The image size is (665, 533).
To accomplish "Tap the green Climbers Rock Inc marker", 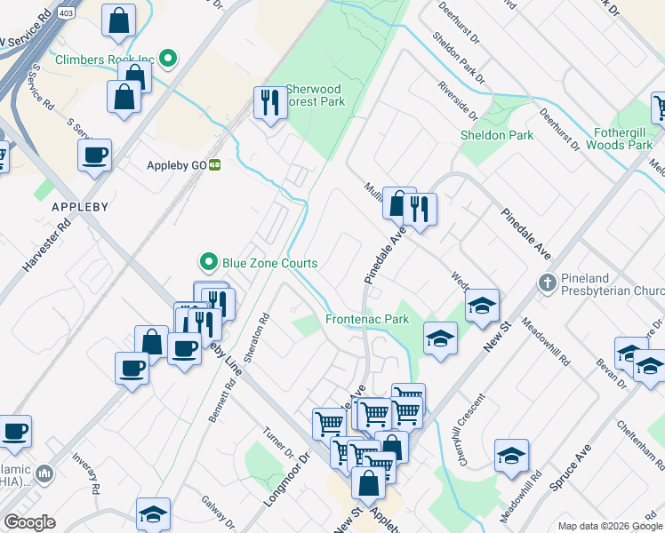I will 166,60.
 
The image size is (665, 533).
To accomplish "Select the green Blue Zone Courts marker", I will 208,262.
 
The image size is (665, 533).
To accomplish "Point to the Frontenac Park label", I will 367,319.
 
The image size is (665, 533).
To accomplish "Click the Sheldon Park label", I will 497,135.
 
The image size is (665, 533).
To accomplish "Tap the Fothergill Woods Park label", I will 622,138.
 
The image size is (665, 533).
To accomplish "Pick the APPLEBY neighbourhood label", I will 80,207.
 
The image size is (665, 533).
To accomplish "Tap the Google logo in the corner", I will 29,522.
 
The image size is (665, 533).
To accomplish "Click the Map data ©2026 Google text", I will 609,526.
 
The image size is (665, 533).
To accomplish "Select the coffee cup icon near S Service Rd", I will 94,156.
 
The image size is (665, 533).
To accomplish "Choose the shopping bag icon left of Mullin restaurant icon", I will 398,203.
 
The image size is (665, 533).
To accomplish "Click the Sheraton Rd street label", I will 264,330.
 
